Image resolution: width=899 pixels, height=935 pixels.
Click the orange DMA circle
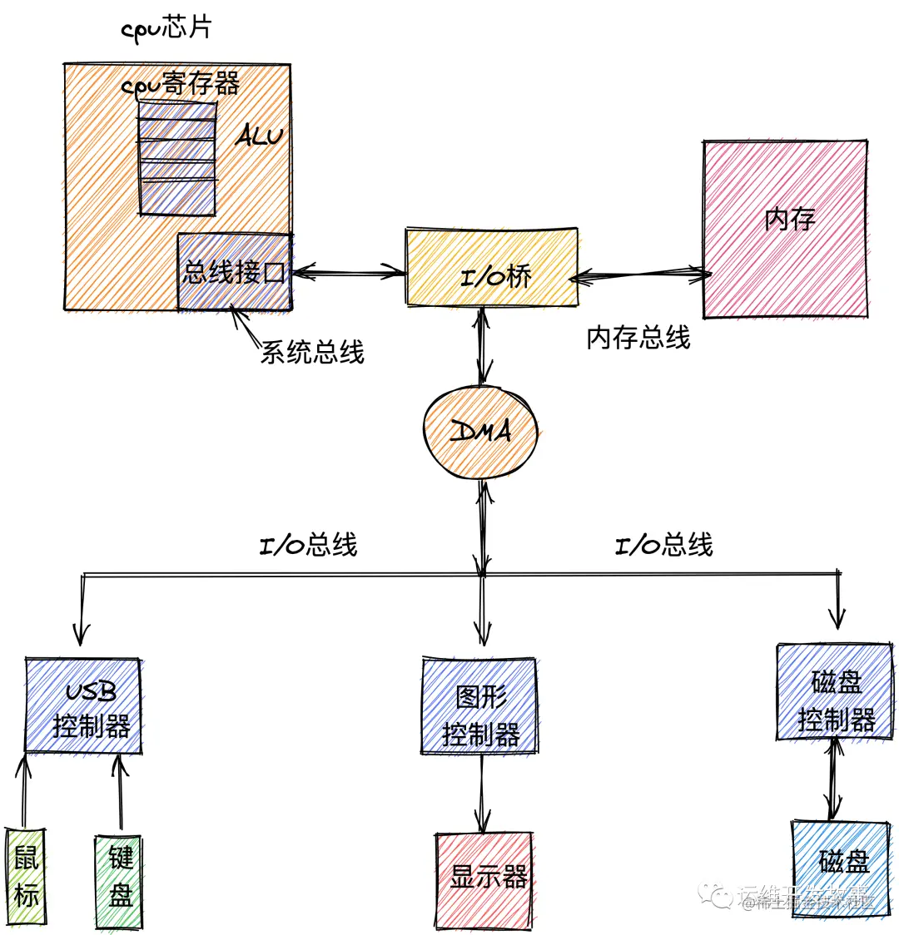[x=480, y=431]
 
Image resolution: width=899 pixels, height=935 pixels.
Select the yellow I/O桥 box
[x=491, y=265]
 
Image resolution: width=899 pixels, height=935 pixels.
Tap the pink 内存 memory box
[x=786, y=228]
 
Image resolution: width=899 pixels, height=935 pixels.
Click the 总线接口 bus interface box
[x=234, y=272]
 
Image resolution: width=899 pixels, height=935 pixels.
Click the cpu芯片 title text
[x=166, y=27]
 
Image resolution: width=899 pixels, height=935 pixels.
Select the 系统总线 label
[x=312, y=352]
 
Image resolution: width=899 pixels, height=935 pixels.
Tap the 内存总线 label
[x=638, y=338]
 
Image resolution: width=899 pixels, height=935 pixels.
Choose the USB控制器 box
[x=83, y=706]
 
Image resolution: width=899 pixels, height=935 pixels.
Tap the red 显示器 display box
[x=484, y=879]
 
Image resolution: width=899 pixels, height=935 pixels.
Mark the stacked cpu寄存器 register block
[x=177, y=158]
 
